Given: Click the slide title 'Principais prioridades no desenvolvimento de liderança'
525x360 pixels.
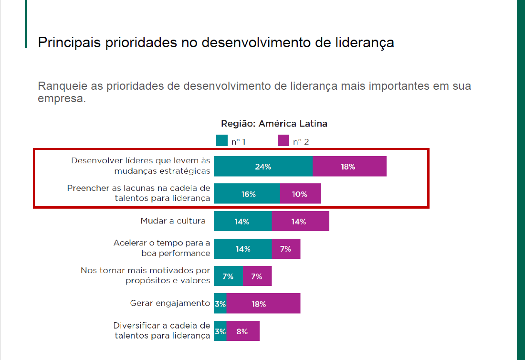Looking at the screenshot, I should coord(216,42).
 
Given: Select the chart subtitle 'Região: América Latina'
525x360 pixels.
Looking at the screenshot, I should coord(274,124).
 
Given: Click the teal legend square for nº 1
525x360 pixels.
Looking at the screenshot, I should coord(221,140).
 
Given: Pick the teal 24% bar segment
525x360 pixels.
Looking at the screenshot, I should coord(263,167).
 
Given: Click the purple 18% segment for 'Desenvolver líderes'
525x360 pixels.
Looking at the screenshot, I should coord(349,167).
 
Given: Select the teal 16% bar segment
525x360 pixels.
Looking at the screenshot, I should coord(247,194).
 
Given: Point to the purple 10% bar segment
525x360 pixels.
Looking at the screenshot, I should coord(300,194).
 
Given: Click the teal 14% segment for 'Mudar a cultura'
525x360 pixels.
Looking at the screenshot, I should coord(242,222).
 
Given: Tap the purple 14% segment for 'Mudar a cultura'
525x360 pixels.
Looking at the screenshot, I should coord(300,222).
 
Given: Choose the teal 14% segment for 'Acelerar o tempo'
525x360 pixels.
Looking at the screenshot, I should coord(242,249).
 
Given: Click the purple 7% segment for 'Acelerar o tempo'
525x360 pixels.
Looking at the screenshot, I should coord(286,249).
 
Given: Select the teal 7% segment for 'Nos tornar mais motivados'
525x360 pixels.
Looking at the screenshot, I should coord(228,276).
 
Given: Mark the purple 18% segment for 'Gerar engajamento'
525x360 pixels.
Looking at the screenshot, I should coord(263,304).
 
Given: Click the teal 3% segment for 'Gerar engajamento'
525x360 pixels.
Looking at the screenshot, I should coord(220,304).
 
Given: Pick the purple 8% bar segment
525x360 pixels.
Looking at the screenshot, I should coord(243,331).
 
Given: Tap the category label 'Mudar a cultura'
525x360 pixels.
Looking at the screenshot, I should coord(173,221).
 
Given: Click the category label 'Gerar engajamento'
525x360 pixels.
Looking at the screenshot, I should coord(170,303).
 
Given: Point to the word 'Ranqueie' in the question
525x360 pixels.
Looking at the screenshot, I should coord(60,86).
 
